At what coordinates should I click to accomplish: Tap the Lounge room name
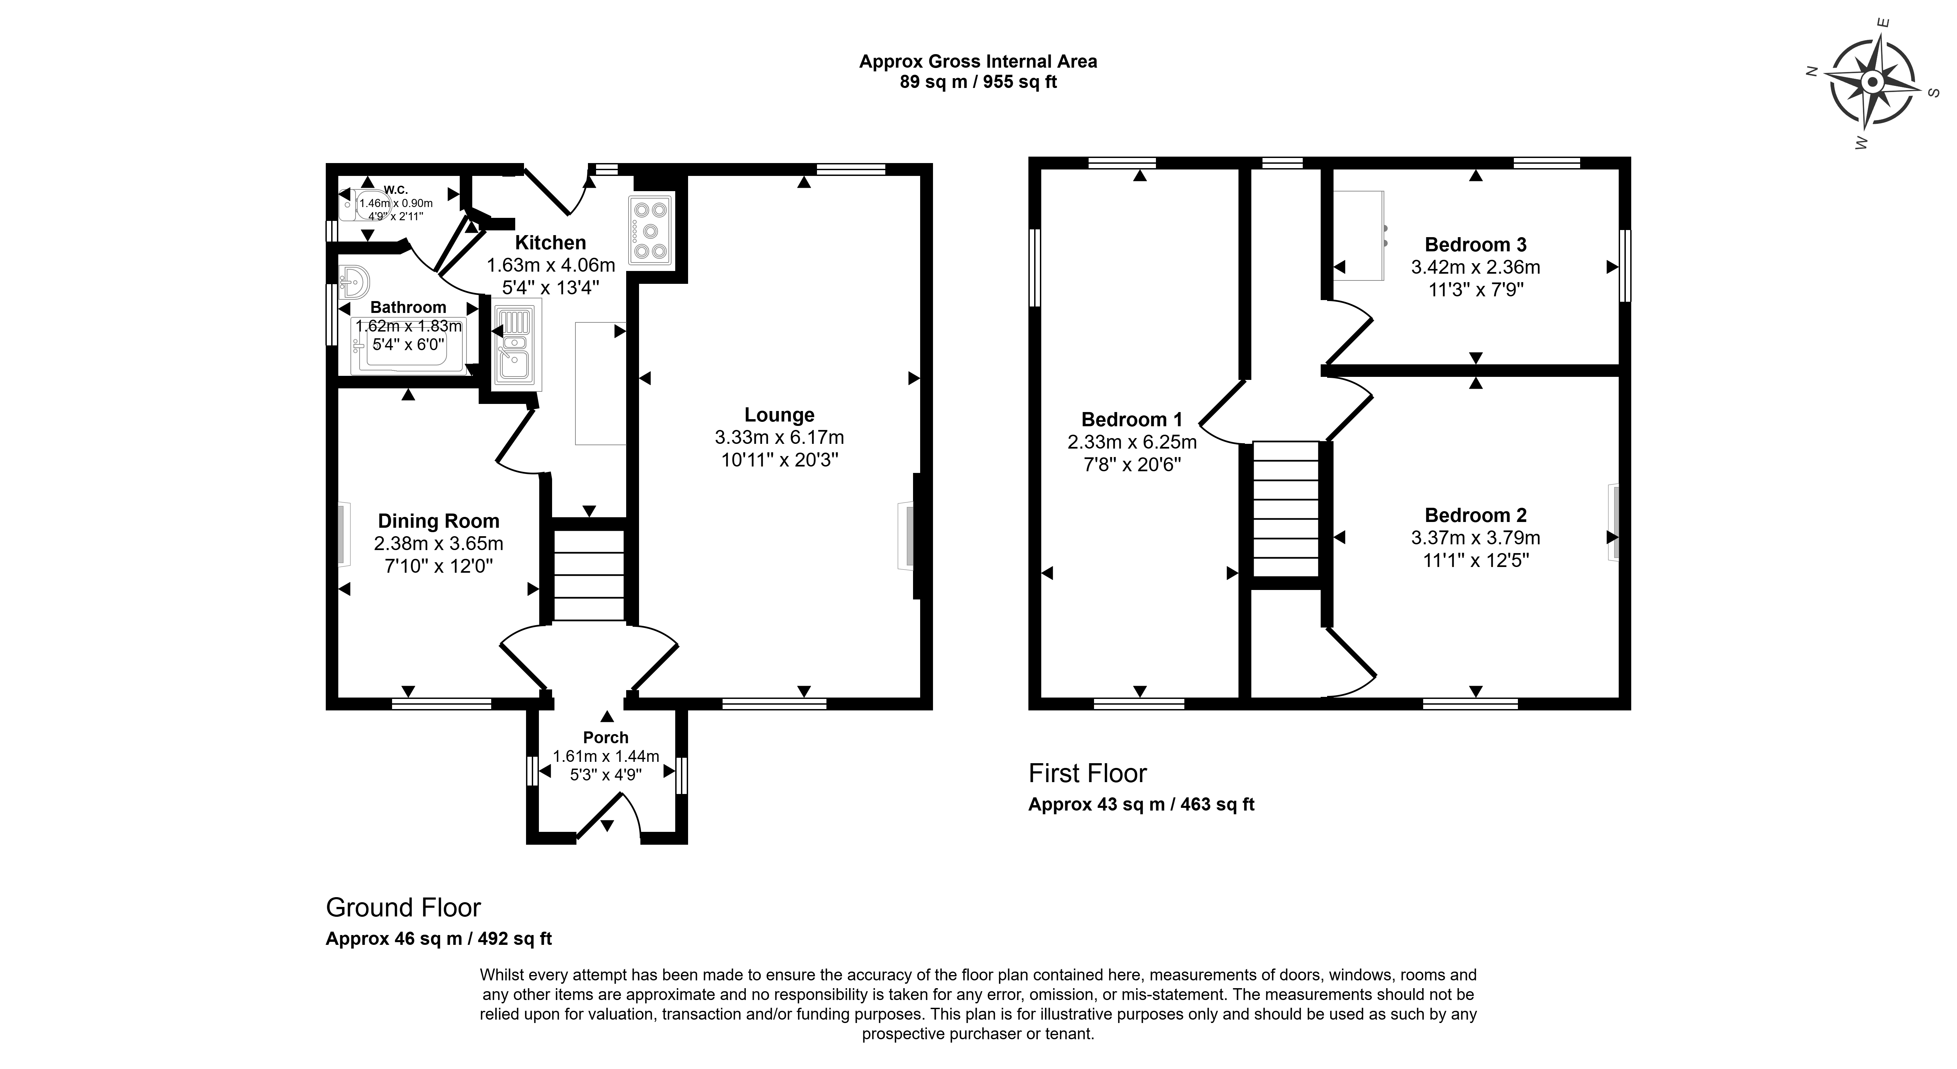click(779, 415)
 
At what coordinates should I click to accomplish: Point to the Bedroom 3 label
click(1475, 245)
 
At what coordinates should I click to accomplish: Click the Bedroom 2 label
click(1475, 515)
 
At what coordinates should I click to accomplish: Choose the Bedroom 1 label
click(1132, 419)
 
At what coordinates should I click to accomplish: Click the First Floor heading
click(1087, 773)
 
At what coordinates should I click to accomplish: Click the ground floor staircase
click(589, 575)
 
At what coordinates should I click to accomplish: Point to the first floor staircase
click(1285, 509)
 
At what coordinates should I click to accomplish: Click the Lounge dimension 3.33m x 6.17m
click(779, 438)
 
